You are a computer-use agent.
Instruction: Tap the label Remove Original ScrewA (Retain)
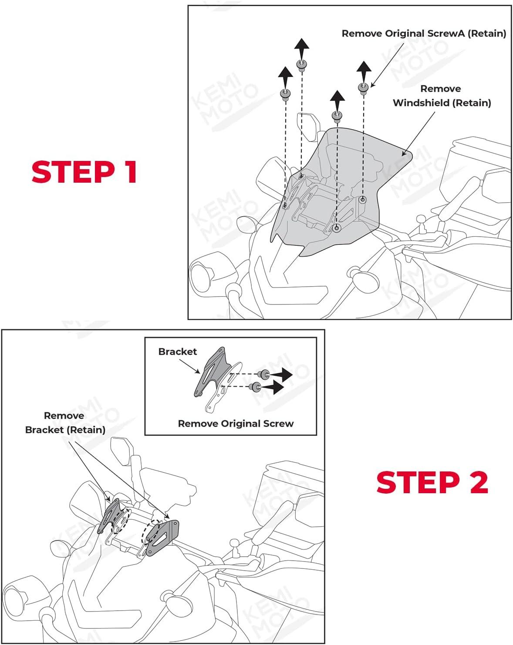[x=424, y=33]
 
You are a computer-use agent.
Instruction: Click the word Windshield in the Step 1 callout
[x=420, y=103]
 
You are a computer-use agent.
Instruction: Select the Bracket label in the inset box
[x=177, y=351]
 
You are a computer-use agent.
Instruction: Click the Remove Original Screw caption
[x=236, y=424]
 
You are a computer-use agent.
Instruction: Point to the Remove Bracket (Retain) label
[x=65, y=423]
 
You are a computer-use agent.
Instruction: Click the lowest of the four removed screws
[x=337, y=116]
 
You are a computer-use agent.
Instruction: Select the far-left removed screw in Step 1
[x=285, y=94]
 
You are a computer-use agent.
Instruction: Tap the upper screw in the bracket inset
[x=263, y=374]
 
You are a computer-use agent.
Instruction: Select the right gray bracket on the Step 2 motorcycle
[x=162, y=538]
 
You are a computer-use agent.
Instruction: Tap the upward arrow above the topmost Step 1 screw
[x=301, y=47]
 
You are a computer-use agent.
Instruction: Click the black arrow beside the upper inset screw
[x=282, y=374]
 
